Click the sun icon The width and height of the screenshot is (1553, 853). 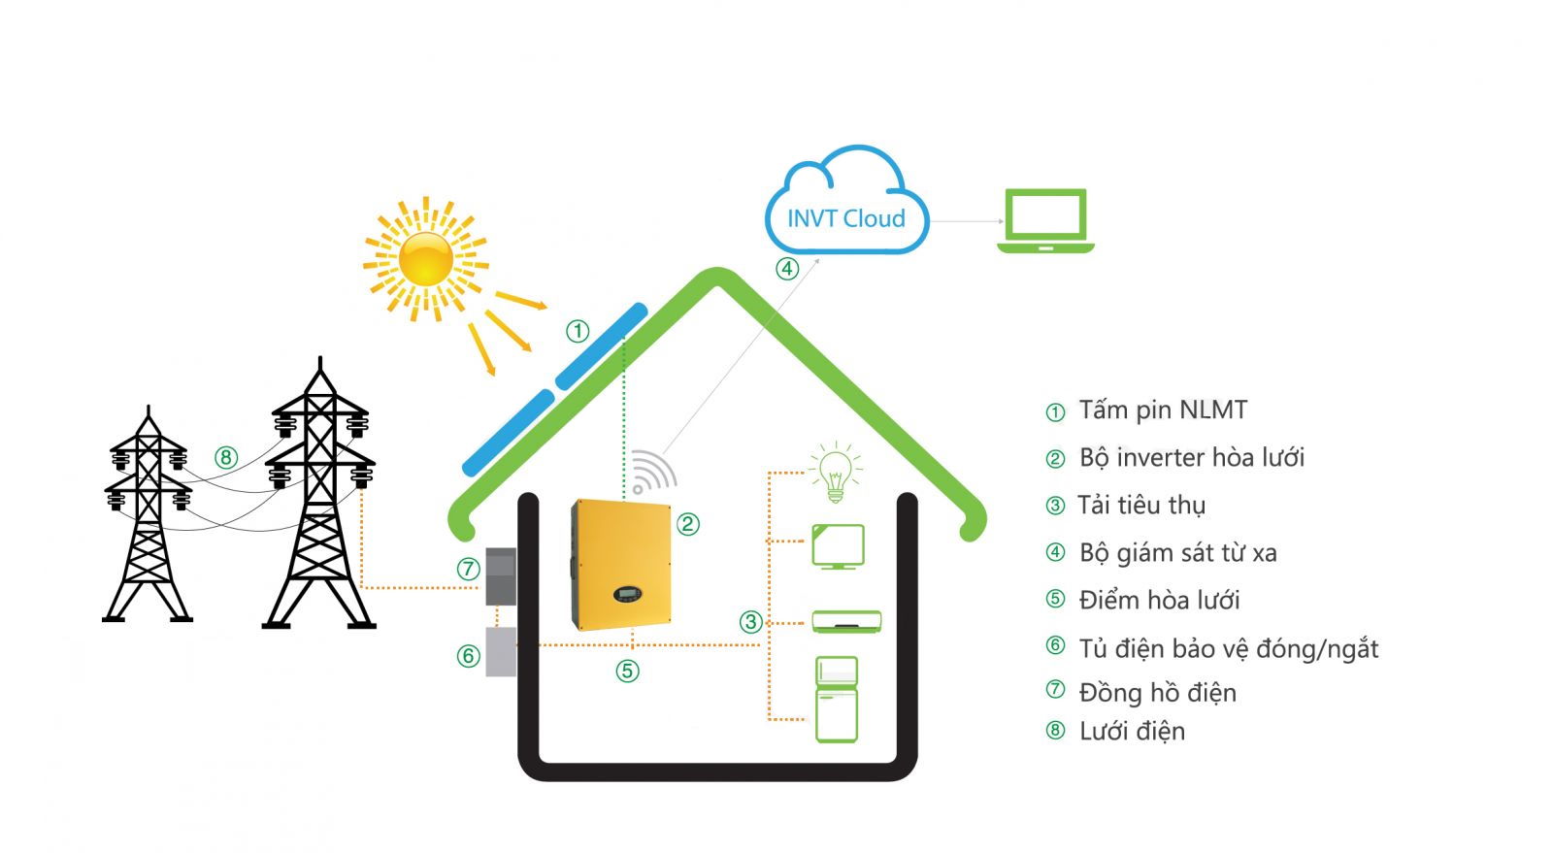click(426, 258)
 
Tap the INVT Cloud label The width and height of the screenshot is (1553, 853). click(845, 218)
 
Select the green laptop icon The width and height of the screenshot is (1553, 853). click(1045, 221)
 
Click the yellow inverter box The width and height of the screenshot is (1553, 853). click(621, 564)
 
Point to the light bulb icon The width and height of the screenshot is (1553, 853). click(835, 473)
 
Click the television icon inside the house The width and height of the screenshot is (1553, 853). click(838, 546)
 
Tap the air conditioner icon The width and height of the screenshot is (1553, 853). click(846, 621)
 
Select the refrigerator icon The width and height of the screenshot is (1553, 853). click(836, 699)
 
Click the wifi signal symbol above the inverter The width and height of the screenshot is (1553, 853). click(652, 473)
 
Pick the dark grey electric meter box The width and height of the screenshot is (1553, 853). click(500, 575)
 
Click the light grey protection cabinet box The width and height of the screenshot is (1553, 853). click(500, 651)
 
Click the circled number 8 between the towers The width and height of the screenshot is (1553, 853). click(226, 457)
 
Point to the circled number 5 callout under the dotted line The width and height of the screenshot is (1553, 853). click(627, 670)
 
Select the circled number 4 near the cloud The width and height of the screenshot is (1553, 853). click(786, 268)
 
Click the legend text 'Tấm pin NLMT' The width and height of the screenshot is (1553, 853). click(1162, 410)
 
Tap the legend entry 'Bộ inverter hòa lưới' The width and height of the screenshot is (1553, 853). click(1191, 458)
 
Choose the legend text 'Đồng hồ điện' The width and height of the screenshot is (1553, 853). click(1157, 693)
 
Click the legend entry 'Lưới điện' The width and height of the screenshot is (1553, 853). click(1132, 732)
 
